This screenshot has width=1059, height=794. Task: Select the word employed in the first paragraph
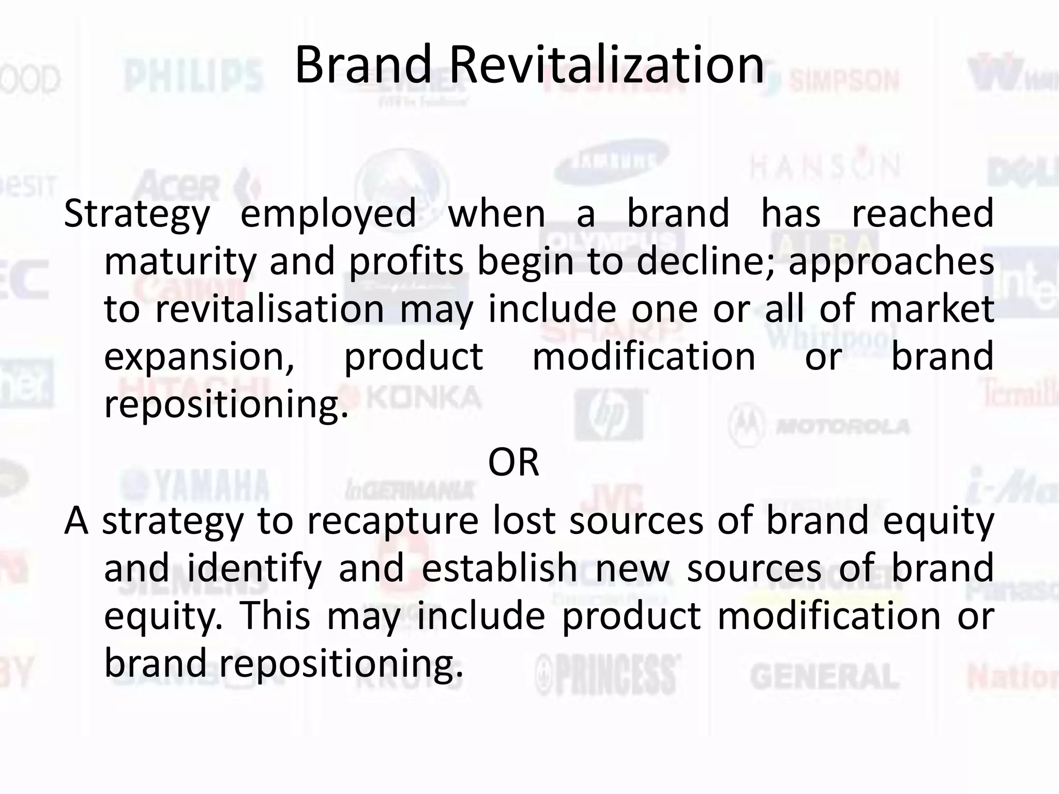tap(328, 213)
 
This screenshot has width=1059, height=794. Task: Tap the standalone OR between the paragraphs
tap(513, 462)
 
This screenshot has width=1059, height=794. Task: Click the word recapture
tap(392, 521)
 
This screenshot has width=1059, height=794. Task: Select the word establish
tap(500, 568)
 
